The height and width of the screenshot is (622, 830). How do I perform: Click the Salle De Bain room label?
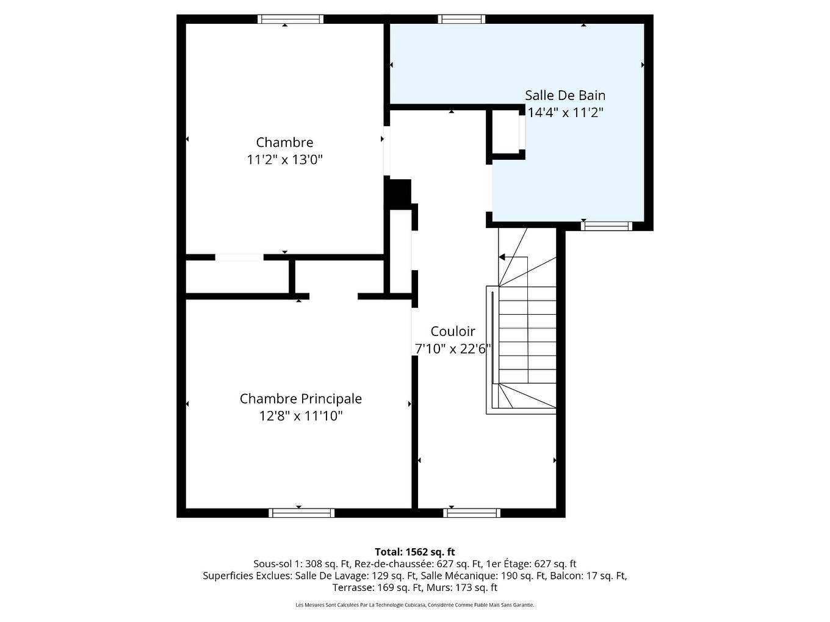coord(565,95)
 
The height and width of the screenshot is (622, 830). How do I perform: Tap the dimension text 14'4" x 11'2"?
coord(565,113)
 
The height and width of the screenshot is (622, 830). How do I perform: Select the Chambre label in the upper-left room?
coord(284,142)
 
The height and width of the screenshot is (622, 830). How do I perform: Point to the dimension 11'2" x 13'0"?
coord(284,160)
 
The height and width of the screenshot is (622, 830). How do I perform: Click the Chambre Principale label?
coord(300,399)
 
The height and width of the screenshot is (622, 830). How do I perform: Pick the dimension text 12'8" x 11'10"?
coord(300,416)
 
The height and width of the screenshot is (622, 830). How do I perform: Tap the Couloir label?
coord(452,332)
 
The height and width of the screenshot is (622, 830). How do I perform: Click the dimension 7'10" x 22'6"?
coord(452,349)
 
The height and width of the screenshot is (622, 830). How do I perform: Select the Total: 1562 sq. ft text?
coord(414,552)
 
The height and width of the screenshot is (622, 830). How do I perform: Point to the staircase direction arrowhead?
coord(502,257)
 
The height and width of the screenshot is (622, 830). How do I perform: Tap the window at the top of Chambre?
coord(290,19)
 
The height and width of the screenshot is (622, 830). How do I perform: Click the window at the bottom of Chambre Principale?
coord(301,513)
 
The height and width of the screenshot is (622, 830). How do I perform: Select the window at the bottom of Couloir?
coord(472,513)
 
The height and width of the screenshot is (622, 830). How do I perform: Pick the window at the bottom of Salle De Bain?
coord(606,226)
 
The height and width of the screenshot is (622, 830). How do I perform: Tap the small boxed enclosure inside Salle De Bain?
coord(505,132)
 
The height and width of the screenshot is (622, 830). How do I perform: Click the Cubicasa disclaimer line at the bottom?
coord(414,605)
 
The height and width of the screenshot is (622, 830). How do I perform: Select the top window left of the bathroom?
coord(461,19)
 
